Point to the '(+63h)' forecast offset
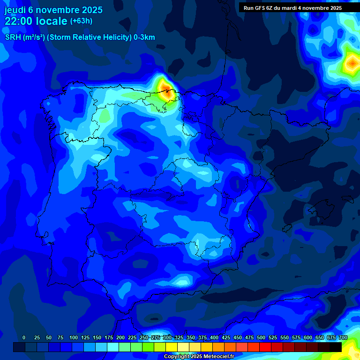pyautogui.click(x=81, y=21)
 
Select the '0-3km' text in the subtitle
pyautogui.click(x=144, y=37)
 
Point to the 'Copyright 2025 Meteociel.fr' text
pyautogui.click(x=199, y=357)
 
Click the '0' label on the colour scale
pyautogui.click(x=24, y=337)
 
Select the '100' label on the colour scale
pyautogui.click(x=74, y=337)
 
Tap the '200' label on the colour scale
pyautogui.click(x=120, y=337)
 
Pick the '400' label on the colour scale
pyautogui.click(x=214, y=337)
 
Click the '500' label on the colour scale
pyautogui.click(x=261, y=337)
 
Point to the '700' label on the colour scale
pyautogui.click(x=343, y=337)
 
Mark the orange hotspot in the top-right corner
pyautogui.click(x=352, y=62)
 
